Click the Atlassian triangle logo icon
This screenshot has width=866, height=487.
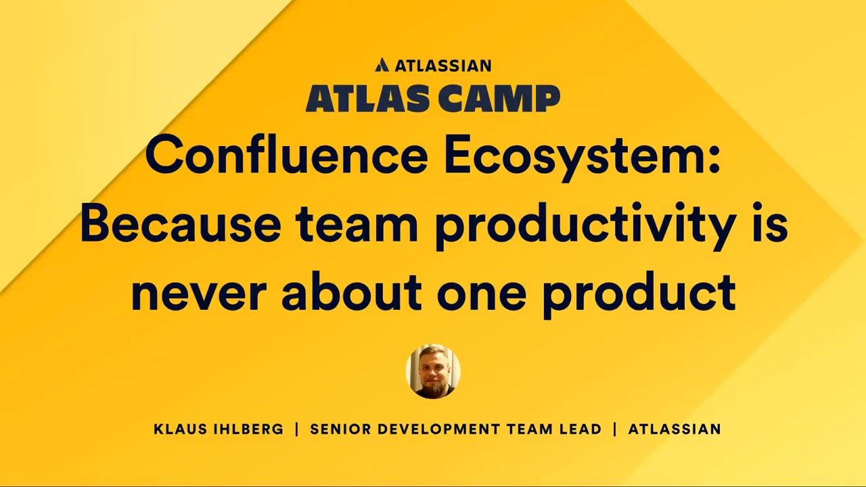pos(382,65)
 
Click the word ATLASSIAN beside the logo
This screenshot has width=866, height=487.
pos(442,66)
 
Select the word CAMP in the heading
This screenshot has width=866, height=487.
pos(498,99)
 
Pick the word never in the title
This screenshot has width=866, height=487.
pos(196,292)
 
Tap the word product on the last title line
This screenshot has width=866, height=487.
pos(639,294)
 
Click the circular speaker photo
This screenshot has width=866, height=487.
pos(433,371)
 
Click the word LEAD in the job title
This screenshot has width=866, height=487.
pos(582,429)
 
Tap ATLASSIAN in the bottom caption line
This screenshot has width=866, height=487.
pos(675,429)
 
